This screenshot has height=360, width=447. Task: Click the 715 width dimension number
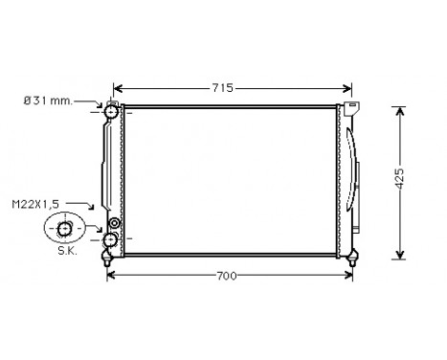tap(222, 87)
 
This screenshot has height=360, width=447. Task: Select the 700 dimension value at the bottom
tap(226, 276)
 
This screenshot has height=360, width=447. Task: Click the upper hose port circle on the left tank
tap(111, 114)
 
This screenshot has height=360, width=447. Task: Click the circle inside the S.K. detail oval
tap(65, 228)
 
